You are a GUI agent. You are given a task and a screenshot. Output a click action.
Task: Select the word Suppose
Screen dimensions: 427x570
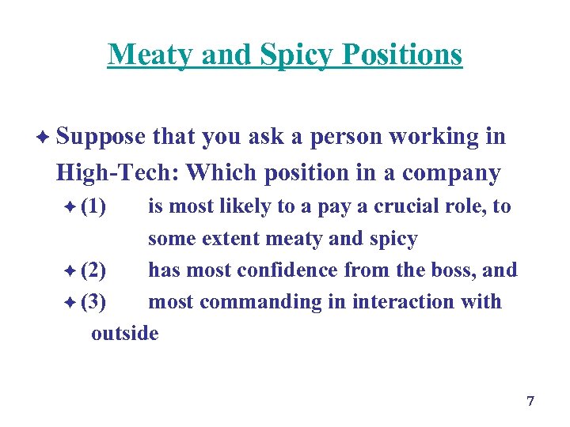click(101, 137)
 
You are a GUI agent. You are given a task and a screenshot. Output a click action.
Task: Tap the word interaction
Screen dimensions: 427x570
click(411, 302)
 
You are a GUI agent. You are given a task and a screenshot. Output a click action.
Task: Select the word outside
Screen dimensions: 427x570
click(125, 334)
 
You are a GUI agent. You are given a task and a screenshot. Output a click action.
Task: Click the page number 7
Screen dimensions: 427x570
click(530, 402)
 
